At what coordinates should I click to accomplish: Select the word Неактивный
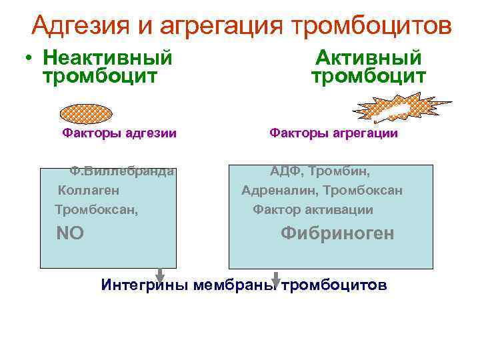pos(107,58)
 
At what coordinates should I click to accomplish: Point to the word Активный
pos(369,58)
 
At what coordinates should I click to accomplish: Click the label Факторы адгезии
pos(119,133)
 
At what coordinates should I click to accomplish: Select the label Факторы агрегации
pos(333,133)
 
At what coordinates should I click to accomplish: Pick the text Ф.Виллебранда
pos(123,171)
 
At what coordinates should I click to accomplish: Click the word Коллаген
pos(89,191)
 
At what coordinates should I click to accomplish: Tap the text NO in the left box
pos(70,233)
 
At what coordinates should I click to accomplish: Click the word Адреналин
pos(279,191)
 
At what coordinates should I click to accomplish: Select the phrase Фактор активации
pos(312,210)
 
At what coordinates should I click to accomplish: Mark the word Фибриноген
pos(337,233)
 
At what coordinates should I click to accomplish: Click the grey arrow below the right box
pos(277,279)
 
